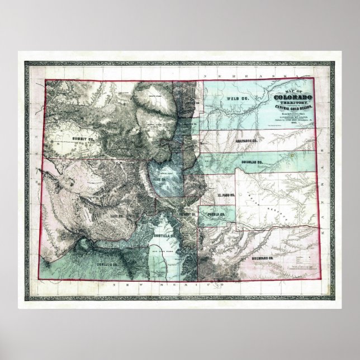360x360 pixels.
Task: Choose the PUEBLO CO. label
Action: [215, 214]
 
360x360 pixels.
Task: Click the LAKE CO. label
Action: [117, 214]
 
